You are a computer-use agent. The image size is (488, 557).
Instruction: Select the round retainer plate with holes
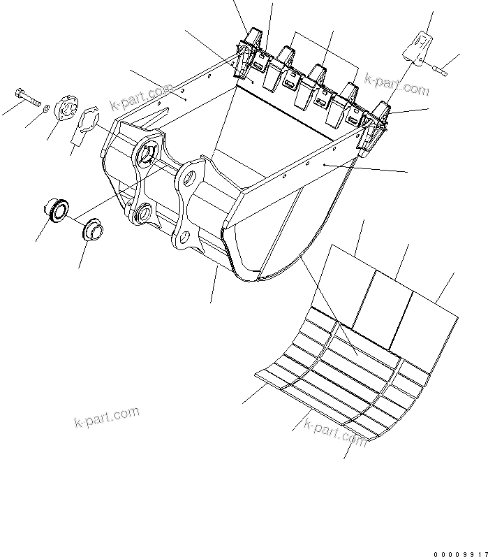tap(66, 109)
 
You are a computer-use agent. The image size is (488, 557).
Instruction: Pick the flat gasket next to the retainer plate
tap(88, 121)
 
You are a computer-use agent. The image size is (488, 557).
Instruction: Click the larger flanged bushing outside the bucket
tap(57, 208)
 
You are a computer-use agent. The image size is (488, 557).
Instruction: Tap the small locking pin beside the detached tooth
tap(440, 68)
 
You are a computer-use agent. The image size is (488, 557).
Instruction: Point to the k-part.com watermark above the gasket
tap(140, 98)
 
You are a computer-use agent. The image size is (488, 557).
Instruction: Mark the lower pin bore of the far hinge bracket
tap(145, 211)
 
